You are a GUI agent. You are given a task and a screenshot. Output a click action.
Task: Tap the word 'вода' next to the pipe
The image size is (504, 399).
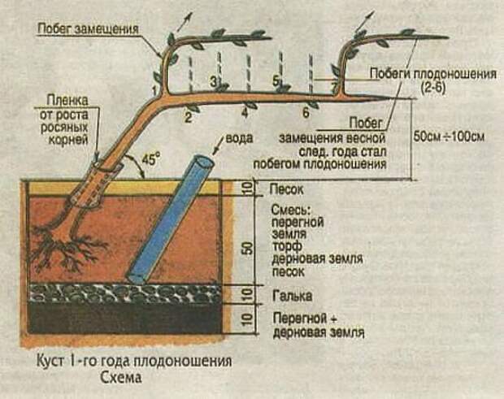click(240, 138)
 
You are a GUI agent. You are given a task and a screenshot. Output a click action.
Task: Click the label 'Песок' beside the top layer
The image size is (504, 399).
click(286, 189)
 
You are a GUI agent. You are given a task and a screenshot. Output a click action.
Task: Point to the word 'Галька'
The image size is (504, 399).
click(292, 296)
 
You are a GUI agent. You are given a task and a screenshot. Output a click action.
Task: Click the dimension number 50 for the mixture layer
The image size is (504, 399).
click(249, 248)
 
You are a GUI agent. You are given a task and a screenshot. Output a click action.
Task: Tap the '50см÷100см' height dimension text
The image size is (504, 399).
click(449, 137)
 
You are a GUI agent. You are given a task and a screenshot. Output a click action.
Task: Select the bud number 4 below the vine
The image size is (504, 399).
click(245, 113)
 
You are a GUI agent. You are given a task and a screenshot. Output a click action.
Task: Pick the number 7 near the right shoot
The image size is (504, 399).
click(335, 87)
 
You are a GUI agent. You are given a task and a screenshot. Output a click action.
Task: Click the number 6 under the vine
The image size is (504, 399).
click(306, 113)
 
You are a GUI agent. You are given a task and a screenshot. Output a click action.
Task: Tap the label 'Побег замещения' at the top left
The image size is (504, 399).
click(88, 28)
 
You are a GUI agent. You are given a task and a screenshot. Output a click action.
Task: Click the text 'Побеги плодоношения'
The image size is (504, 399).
click(433, 74)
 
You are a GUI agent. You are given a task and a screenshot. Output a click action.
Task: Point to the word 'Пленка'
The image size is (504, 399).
click(67, 100)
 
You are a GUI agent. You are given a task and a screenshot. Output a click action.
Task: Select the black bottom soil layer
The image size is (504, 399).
click(125, 318)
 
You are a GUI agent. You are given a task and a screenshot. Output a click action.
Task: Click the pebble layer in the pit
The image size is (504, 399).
click(125, 293)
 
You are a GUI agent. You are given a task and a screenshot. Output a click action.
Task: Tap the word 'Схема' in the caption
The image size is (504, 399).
click(121, 378)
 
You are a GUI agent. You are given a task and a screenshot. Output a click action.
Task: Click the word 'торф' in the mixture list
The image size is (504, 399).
click(287, 246)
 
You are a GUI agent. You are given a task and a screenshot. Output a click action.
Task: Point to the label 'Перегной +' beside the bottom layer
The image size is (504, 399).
click(305, 319)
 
